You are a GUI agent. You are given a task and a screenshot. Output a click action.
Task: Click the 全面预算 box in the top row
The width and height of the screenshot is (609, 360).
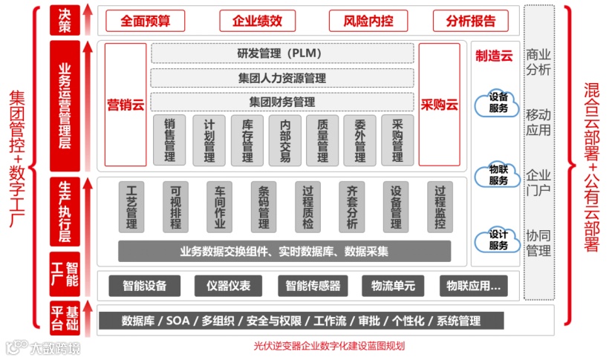(145, 21)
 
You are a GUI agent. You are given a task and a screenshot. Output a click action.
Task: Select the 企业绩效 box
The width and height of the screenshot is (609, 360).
(257, 21)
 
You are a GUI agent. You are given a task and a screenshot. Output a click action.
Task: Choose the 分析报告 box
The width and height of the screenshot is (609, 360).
(470, 21)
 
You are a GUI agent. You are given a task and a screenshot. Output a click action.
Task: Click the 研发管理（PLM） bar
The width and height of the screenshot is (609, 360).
(282, 53)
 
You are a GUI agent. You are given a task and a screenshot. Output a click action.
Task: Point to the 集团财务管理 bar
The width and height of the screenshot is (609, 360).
(282, 102)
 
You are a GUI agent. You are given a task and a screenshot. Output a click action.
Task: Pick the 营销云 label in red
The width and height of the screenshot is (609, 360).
(126, 105)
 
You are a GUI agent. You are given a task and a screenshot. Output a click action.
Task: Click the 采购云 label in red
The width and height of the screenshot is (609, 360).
(439, 105)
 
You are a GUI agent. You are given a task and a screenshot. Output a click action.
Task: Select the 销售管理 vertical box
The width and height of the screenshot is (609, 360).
(169, 140)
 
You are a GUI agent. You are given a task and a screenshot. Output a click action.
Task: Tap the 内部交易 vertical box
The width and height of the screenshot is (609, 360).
(285, 140)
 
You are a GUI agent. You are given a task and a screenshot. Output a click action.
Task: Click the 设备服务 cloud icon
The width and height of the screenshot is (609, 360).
(498, 103)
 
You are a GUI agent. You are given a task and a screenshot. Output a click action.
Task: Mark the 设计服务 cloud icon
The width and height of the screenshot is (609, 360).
(498, 240)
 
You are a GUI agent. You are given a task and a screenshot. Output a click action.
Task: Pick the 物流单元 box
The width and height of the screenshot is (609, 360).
(393, 285)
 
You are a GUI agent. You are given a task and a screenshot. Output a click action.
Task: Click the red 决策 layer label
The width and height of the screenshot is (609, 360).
(65, 20)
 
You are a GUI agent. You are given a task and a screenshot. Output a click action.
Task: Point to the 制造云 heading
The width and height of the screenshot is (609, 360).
(494, 56)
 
